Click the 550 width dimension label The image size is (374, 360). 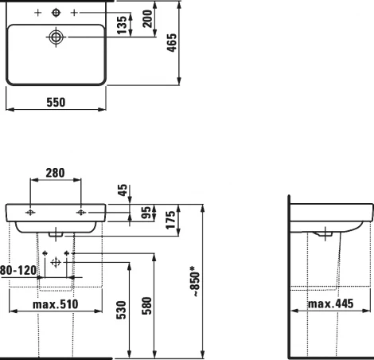(x=55, y=103)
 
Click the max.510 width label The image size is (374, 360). (x=55, y=304)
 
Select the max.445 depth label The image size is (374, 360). (x=329, y=303)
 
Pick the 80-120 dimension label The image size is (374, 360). (x=18, y=270)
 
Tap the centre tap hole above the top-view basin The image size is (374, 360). (x=56, y=14)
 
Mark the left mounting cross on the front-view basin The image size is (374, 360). (x=30, y=213)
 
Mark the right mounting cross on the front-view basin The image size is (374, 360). (x=80, y=213)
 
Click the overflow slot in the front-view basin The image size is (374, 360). (x=56, y=234)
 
